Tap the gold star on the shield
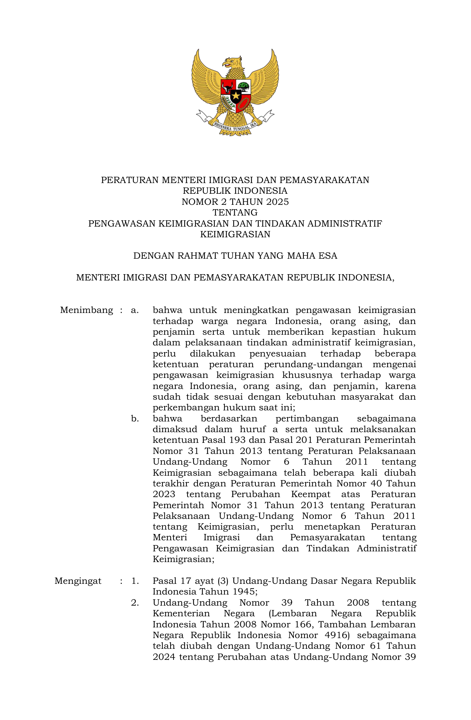pos(235,96)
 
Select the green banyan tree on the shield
pos(244,87)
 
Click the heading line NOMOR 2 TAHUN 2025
pos(235,202)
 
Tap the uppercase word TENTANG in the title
pos(235,213)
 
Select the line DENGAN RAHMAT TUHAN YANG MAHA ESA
pos(235,256)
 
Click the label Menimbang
pos(86,310)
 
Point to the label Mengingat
pos(78,581)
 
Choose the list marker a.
pos(135,310)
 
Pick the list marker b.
pos(135,418)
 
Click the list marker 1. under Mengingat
pos(135,581)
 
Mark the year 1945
pos(244,592)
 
